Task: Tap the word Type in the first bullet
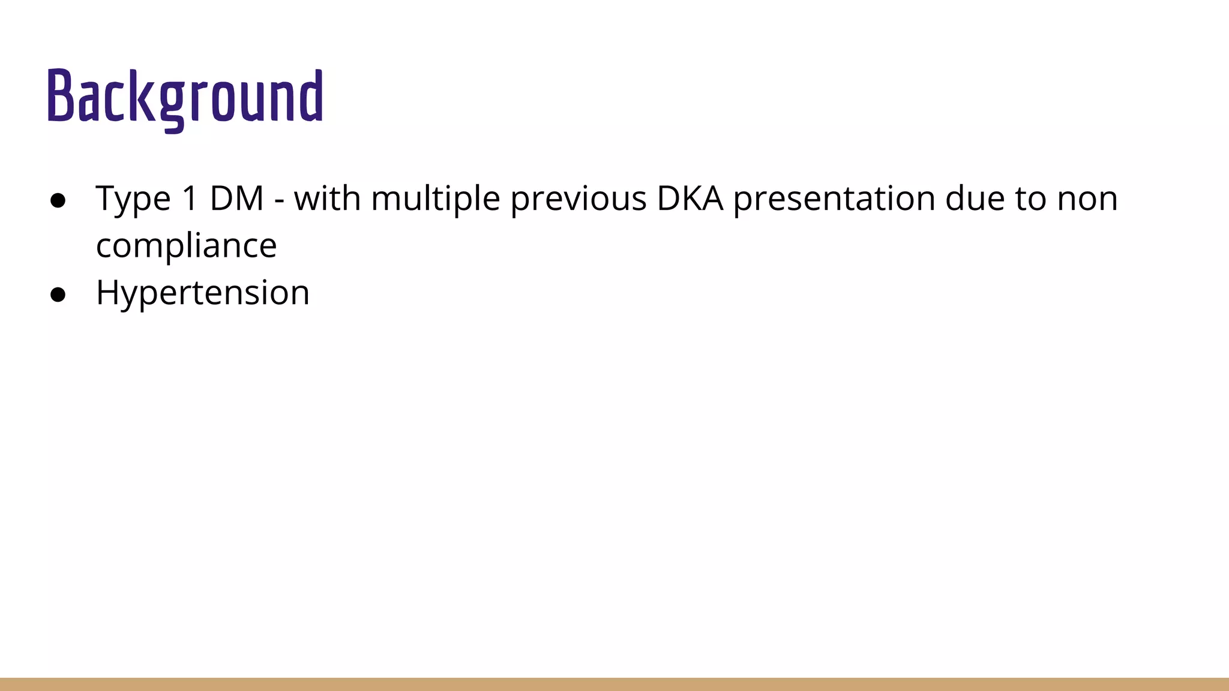pos(133,199)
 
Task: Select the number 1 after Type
pos(190,198)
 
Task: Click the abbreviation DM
pos(237,198)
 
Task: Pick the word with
pos(327,198)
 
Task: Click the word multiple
pos(436,199)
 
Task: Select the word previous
pos(578,199)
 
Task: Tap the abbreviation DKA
pos(690,198)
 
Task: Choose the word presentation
pos(834,199)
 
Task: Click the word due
pos(975,198)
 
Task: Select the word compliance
pos(186,245)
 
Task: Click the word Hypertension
pos(202,293)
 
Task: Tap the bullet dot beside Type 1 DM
pos(58,200)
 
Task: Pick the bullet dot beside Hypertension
pos(58,295)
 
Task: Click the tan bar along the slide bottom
pos(614,684)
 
